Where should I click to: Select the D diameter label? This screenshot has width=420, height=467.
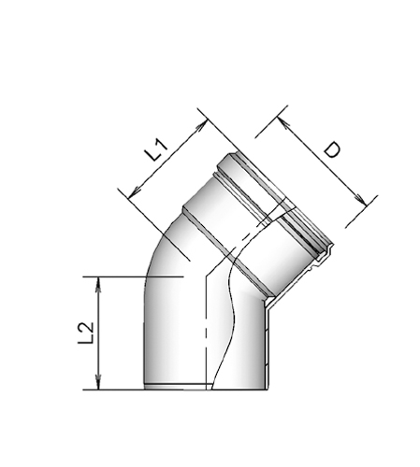click(x=329, y=151)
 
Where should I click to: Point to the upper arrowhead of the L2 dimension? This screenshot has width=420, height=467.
click(x=97, y=281)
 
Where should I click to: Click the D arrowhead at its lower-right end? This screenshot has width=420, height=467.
click(x=360, y=199)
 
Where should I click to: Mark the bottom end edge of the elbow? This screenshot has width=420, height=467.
click(x=206, y=389)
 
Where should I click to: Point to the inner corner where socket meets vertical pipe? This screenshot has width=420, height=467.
click(x=268, y=304)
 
